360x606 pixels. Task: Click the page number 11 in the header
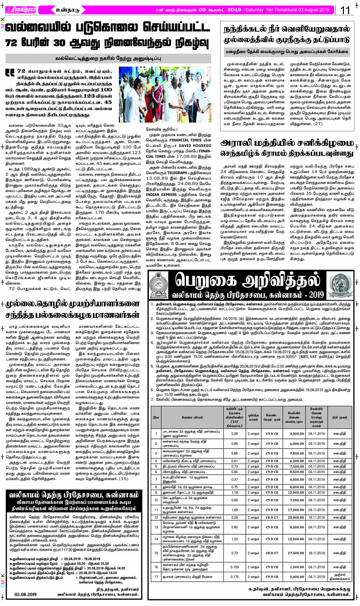pos(345,10)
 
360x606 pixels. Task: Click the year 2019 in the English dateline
pos(322,10)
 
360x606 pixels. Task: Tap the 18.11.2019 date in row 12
pos(316,517)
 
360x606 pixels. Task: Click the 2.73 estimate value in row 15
pos(234,553)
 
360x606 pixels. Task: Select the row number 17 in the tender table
pos(156,576)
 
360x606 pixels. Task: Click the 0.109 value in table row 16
pos(234,567)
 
